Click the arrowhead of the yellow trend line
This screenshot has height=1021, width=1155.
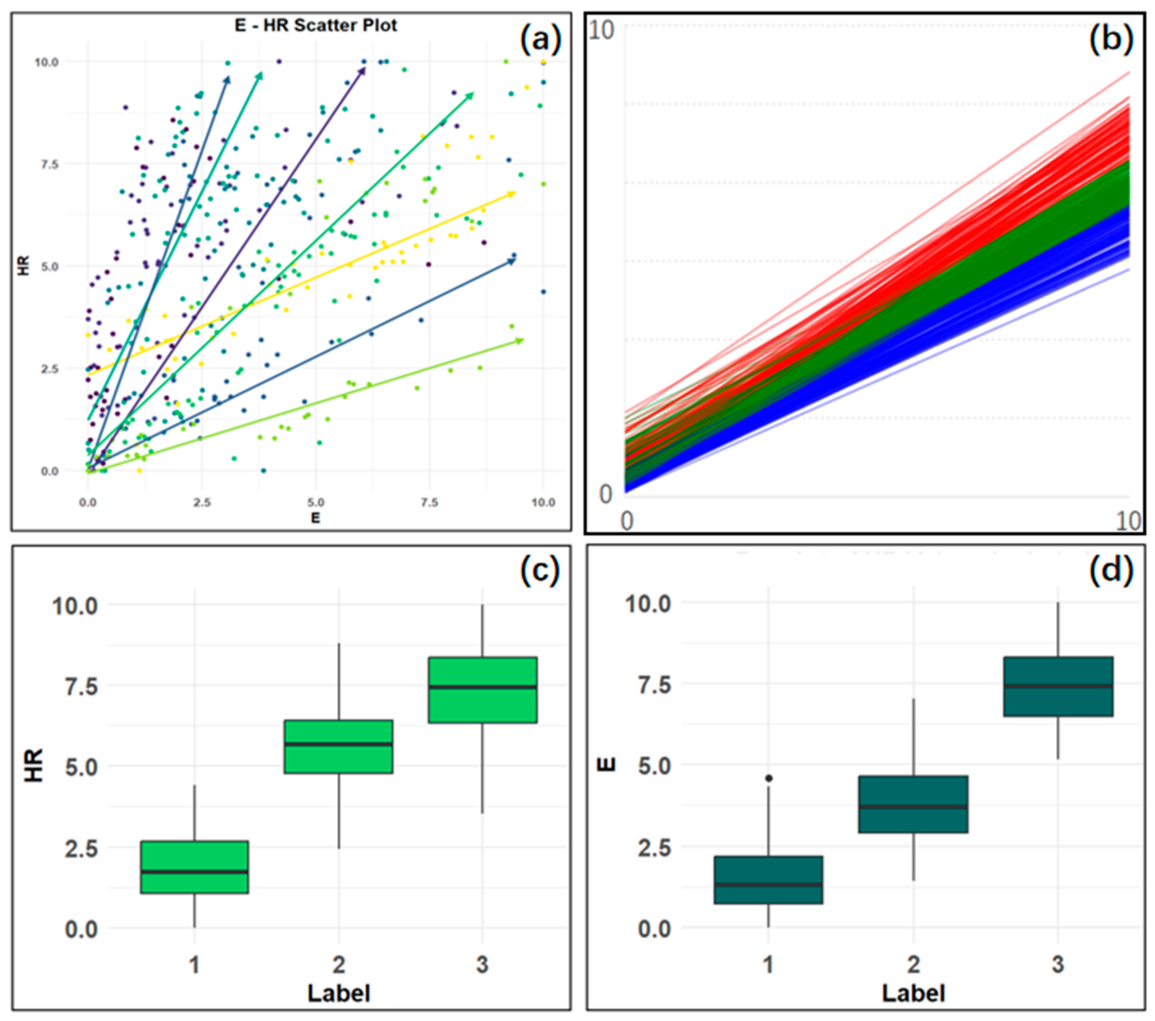[x=512, y=194]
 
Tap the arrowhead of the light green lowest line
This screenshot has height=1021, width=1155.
[x=520, y=340]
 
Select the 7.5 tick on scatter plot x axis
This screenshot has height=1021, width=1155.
[x=429, y=502]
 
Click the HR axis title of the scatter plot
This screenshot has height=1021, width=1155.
[x=24, y=266]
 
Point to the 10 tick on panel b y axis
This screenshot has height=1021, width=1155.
[x=601, y=30]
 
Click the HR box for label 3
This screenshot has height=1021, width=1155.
[x=483, y=690]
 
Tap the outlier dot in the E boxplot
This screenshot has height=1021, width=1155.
[x=768, y=778]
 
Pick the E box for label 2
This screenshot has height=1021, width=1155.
[x=913, y=804]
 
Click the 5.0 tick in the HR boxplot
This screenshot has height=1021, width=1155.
[x=82, y=767]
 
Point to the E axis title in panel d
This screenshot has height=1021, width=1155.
[x=606, y=764]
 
